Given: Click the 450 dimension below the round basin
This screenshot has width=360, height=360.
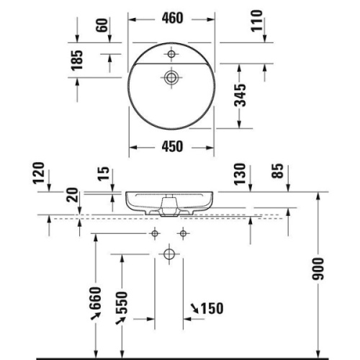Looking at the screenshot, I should click(x=170, y=146).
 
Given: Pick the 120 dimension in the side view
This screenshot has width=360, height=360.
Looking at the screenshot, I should click(x=38, y=175).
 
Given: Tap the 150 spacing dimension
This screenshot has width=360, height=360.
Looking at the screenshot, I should click(x=207, y=309).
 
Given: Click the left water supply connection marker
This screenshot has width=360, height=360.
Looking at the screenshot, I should click(x=155, y=233).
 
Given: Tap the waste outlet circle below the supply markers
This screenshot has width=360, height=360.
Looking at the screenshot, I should click(x=168, y=253).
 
